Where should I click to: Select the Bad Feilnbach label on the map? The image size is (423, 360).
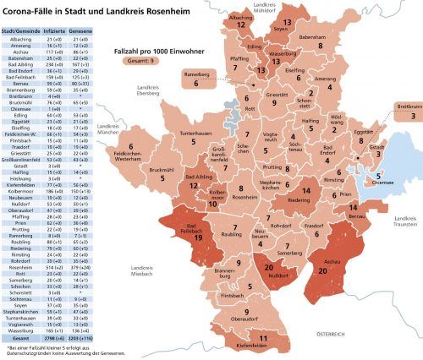tap(197, 228)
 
